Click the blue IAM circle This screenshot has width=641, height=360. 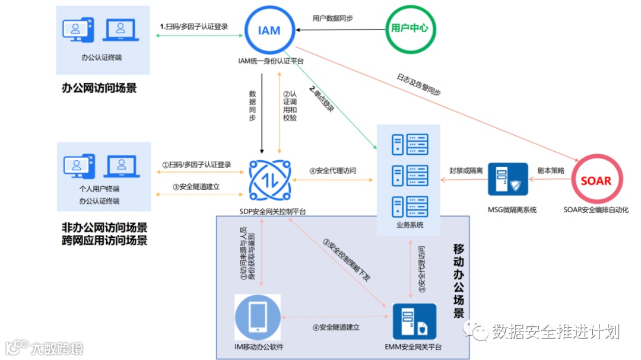(x=269, y=30)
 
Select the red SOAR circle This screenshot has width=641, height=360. (x=595, y=180)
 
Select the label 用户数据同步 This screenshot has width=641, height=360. (x=333, y=18)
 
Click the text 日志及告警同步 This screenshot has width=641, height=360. (x=419, y=84)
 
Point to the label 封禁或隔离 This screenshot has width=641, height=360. (x=466, y=170)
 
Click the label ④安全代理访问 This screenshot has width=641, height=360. (x=332, y=171)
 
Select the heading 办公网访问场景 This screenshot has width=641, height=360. (x=99, y=88)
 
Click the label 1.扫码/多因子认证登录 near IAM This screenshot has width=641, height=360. (x=194, y=26)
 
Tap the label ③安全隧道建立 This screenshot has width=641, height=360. (x=196, y=186)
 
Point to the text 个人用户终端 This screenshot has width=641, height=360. (x=99, y=189)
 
